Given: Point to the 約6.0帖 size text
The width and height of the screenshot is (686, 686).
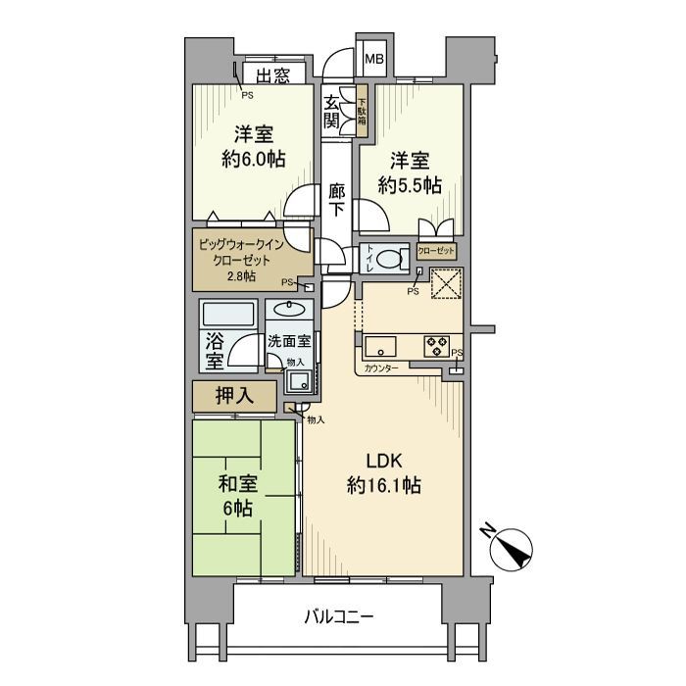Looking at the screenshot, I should [253, 159].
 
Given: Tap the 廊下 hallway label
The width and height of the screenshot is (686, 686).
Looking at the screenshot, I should [336, 200].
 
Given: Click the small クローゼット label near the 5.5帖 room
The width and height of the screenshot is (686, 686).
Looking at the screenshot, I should [437, 251].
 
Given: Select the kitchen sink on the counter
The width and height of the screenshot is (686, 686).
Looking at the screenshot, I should [379, 346].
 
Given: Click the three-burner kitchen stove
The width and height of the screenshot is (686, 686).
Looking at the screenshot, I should [435, 346].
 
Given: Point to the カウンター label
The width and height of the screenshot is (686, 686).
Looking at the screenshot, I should [380, 369].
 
